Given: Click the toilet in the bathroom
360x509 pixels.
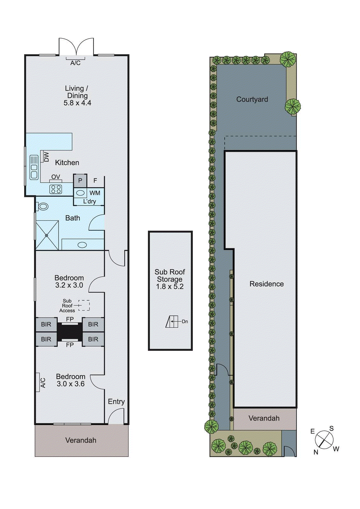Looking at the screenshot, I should click(43, 207).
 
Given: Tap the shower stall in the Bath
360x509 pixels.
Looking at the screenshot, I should click(47, 235).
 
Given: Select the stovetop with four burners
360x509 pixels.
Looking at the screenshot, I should click(56, 189).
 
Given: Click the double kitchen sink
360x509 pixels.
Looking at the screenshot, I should click(34, 167).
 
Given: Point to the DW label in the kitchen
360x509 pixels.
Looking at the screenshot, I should click(46, 157).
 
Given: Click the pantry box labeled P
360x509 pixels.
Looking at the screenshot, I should click(80, 181).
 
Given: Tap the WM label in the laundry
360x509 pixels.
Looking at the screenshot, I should click(95, 193).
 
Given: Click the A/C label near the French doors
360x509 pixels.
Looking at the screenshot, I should click(75, 63).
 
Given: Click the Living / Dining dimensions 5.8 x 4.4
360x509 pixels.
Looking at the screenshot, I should click(77, 103).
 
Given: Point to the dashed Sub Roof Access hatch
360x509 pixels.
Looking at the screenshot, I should click(84, 305).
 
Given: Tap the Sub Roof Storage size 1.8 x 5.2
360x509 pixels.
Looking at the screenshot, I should click(170, 286).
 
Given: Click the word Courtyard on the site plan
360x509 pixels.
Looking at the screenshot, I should click(252, 99).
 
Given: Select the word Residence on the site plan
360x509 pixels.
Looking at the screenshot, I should click(266, 284).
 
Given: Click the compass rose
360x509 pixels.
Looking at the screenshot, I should click(324, 440).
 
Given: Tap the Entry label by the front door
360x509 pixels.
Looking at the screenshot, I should click(116, 401).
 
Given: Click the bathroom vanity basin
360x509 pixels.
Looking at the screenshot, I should click(82, 245).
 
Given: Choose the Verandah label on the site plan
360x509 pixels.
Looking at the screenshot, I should click(264, 418).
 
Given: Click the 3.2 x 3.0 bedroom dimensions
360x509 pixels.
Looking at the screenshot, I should click(69, 285).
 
